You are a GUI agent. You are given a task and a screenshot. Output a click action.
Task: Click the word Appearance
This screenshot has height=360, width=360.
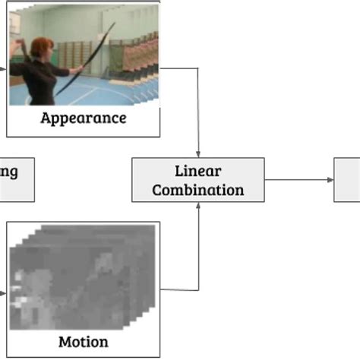[x=83, y=118]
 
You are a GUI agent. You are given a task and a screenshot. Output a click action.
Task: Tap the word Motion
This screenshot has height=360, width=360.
[x=83, y=342]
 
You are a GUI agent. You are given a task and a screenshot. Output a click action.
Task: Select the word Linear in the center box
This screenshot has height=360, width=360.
[x=197, y=171]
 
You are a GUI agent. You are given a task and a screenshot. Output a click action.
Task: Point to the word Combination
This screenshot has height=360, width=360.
[x=197, y=189]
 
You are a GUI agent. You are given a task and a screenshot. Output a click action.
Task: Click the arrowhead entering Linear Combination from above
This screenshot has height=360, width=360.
[x=198, y=154]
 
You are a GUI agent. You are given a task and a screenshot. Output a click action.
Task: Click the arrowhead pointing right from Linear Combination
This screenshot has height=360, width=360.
[x=330, y=180]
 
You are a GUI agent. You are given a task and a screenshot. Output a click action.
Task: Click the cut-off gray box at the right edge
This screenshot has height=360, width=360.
[x=348, y=180]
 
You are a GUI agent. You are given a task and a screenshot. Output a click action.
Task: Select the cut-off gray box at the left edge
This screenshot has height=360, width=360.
[x=15, y=180]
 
